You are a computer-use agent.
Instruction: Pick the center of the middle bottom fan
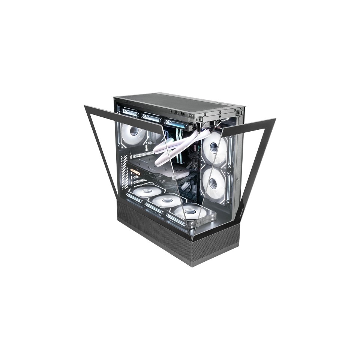click(166, 201)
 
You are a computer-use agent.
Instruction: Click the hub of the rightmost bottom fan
click(190, 213)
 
